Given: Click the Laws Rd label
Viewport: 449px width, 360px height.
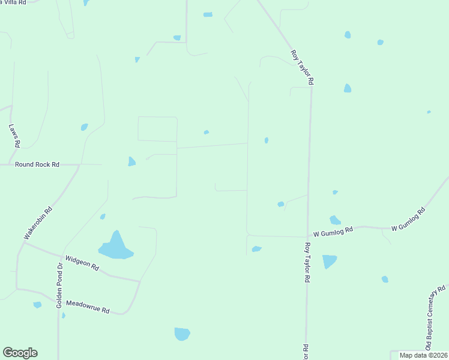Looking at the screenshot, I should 14,136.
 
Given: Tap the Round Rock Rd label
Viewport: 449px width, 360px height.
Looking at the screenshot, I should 37,164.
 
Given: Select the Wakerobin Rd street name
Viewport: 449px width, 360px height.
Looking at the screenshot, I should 38,223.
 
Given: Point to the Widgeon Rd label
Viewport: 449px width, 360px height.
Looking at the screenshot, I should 82,262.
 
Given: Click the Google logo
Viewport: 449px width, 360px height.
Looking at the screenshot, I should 20,353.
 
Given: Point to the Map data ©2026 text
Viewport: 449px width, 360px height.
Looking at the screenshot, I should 423,355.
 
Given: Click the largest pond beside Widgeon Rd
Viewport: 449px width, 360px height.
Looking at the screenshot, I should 115,248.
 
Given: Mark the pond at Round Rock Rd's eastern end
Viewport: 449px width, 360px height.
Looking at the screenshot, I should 131,161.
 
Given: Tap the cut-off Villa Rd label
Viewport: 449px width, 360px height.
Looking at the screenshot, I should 13,2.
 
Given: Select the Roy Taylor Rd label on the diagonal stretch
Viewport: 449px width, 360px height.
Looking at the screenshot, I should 303,67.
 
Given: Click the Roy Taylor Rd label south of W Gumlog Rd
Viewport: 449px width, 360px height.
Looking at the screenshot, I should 307,262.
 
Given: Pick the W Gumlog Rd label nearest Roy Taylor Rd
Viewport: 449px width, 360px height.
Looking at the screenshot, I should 334,231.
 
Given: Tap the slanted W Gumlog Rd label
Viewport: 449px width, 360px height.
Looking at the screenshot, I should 408,220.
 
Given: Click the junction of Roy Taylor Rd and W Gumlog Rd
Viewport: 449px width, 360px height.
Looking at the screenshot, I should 307,236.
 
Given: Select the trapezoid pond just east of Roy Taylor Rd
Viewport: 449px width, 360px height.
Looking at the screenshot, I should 329,261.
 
